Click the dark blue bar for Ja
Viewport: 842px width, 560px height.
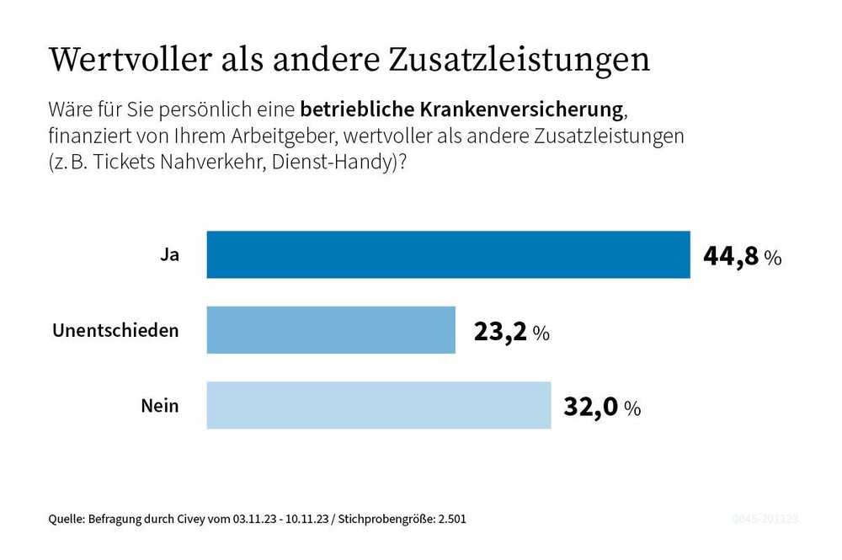[x=448, y=254]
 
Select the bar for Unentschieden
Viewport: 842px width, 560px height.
[x=331, y=329]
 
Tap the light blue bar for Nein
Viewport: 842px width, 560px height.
[x=379, y=405]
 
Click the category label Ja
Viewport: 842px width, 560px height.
[x=169, y=254]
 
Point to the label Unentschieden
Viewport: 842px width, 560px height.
[x=115, y=330]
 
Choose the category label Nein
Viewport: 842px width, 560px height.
[x=160, y=406]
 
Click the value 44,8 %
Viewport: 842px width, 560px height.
[x=742, y=256]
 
